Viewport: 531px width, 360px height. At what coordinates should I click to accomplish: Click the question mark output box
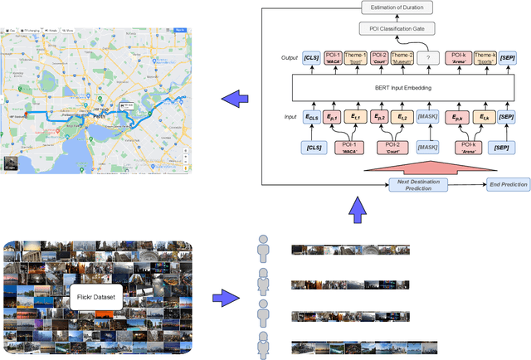tap(428, 57)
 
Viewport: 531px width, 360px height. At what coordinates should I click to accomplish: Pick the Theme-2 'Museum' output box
tap(403, 57)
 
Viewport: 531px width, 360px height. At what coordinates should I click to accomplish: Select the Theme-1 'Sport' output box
tap(357, 57)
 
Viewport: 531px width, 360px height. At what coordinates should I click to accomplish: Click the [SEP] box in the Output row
tap(509, 57)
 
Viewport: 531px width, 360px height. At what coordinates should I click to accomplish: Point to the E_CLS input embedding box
tap(312, 118)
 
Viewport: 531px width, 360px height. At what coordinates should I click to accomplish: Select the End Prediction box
tap(508, 184)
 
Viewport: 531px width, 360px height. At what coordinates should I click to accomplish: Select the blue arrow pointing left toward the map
tap(236, 100)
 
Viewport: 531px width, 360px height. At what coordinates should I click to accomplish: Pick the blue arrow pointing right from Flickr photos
tap(222, 297)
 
